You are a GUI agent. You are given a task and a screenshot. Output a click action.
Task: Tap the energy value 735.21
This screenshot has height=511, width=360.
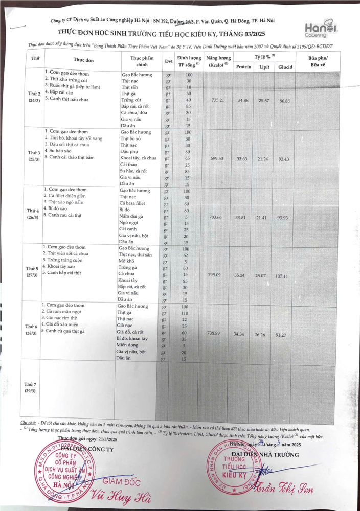(218, 101)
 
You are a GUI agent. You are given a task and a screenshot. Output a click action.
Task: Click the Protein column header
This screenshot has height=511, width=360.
(243, 67)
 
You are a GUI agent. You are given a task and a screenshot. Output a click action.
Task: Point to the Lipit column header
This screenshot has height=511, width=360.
(264, 67)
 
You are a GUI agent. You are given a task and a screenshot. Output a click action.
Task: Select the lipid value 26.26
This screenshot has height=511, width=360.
(263, 334)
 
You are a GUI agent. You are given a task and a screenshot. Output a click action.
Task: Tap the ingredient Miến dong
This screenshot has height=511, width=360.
(128, 345)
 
